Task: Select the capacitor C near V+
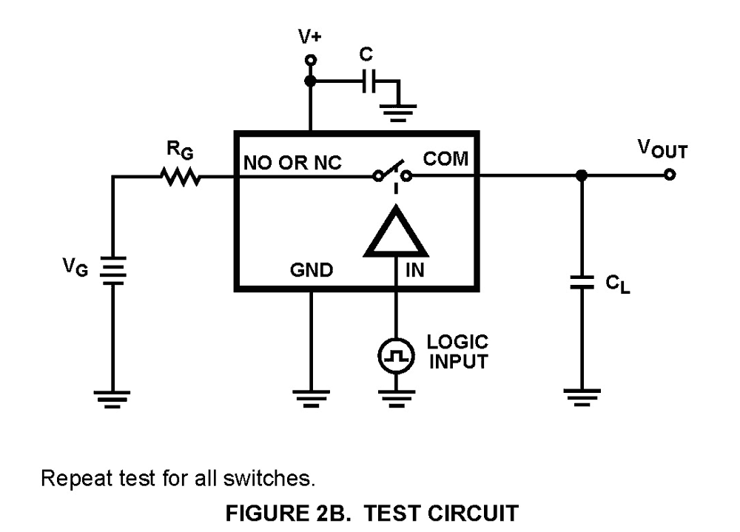pos(368,82)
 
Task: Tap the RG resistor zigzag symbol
pos(178,176)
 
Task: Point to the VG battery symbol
pos(112,272)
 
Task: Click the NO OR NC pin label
pos(292,163)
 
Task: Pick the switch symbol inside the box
pos(392,173)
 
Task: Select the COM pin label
pos(445,159)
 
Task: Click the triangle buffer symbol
pos(394,232)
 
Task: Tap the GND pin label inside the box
pos(311,271)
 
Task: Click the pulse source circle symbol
pos(394,357)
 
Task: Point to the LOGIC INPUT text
pos(457,352)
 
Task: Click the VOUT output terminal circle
pos(669,176)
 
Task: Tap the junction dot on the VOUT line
pos(582,176)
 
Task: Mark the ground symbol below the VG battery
pos(112,400)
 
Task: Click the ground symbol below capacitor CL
pos(582,400)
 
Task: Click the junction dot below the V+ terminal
pos(311,81)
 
